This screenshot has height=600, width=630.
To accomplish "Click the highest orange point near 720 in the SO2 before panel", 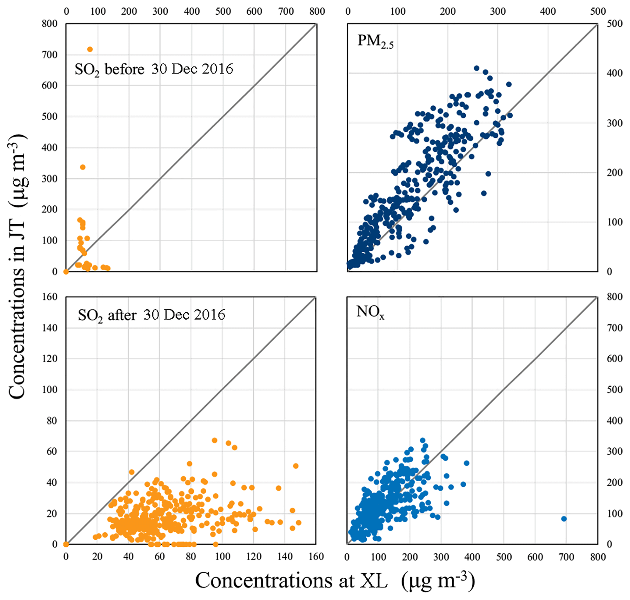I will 90,49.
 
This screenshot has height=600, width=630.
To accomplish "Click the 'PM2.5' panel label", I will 375,41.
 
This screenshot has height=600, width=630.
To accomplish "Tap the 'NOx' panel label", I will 370,312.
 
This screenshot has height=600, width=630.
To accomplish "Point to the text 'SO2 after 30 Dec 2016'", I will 151,316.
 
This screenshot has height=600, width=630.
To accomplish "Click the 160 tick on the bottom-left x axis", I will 316,557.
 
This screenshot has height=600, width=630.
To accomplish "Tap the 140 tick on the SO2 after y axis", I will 50,328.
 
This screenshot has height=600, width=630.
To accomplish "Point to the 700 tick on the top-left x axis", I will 286,12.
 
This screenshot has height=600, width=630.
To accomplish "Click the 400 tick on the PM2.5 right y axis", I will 614,73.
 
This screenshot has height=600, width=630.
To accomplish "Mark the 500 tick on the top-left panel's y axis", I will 50,116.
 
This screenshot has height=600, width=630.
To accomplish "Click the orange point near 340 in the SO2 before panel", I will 83,167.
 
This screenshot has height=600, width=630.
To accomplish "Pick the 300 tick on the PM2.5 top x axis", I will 497,12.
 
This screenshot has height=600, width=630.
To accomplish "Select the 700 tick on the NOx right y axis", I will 614,328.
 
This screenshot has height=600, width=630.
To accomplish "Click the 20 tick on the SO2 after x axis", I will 97,557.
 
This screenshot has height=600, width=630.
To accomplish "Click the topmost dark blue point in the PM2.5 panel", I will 476,68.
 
